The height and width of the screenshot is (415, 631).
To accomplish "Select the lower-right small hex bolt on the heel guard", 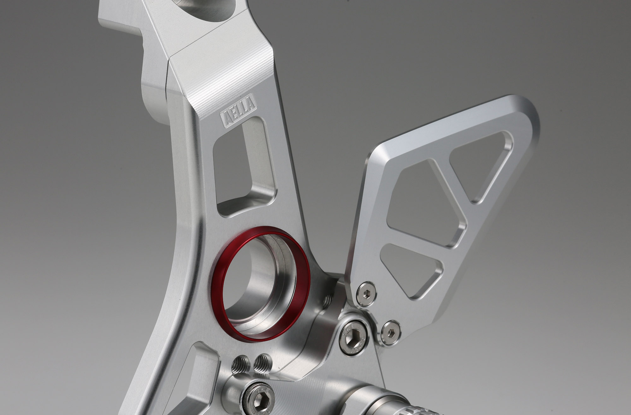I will click(391, 332).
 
